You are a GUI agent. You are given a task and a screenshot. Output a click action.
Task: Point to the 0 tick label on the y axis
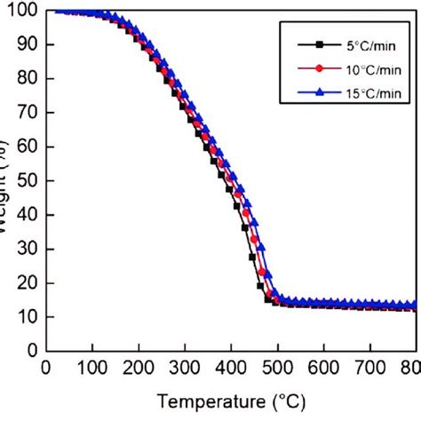(x=31, y=350)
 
